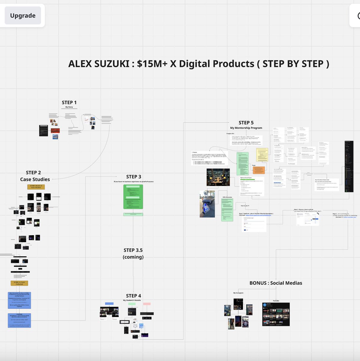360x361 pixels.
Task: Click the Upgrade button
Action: pos(23,16)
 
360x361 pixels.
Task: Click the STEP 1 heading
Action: pos(69,103)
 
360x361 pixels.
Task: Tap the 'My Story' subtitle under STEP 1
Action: pos(69,107)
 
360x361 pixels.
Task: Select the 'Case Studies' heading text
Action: pos(35,179)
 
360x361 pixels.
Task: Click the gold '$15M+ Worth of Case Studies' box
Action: pos(36,187)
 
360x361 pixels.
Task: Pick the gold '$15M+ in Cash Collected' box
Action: pos(19,283)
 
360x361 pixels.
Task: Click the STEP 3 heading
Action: pos(133,177)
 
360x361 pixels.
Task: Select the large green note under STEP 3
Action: pos(133,197)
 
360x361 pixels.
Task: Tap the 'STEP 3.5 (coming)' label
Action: pos(133,253)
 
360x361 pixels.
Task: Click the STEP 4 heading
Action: pos(133,296)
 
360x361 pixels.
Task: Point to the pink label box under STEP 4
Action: pos(147,304)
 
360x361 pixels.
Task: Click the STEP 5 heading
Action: pos(246,123)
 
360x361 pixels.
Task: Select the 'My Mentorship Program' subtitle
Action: pos(246,128)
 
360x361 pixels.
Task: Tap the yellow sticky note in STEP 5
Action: pos(262,155)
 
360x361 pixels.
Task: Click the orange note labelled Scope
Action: pos(259,170)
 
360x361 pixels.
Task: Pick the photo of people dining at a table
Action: pos(218,177)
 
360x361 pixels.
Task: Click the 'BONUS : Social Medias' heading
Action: pos(276,283)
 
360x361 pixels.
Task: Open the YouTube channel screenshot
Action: pos(276,314)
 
